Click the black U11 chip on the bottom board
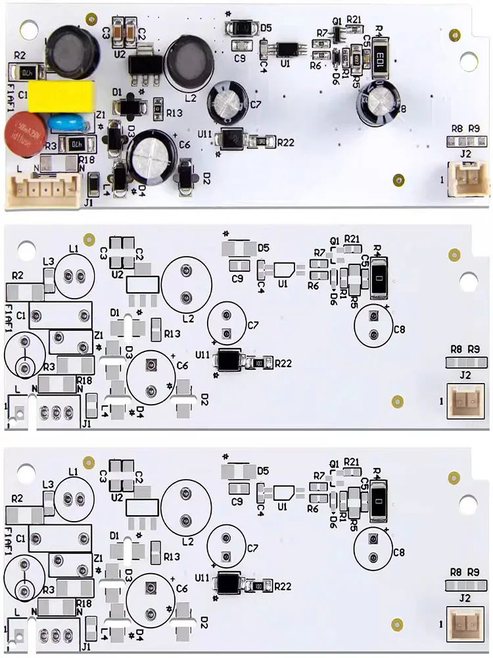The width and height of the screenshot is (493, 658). point(227,582)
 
